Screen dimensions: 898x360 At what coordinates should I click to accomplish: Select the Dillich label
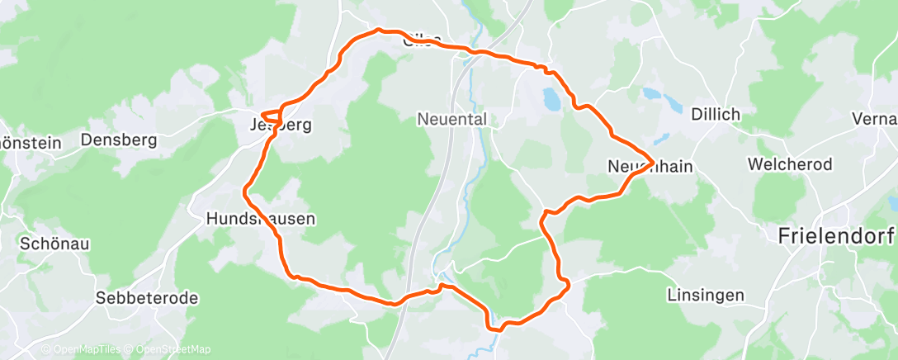[x=716, y=114]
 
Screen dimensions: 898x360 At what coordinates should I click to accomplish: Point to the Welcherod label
[x=790, y=164]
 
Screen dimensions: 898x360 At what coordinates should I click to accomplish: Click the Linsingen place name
[x=705, y=295]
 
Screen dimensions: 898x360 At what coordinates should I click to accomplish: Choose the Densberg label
[x=119, y=140]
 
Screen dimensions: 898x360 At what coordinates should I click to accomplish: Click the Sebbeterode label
[x=146, y=298]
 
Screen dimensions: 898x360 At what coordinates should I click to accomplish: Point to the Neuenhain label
[x=650, y=166]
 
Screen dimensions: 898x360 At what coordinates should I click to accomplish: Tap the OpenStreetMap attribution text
[x=169, y=349]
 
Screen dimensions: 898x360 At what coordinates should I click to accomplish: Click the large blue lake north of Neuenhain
[x=551, y=100]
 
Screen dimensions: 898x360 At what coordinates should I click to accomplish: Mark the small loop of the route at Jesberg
[x=272, y=116]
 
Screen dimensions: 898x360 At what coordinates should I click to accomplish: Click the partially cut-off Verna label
[x=876, y=119]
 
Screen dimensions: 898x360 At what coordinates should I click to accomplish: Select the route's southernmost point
[x=496, y=329]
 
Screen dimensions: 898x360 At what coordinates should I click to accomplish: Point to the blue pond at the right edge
[x=891, y=202]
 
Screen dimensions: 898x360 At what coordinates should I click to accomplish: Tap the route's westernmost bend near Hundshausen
[x=244, y=192]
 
